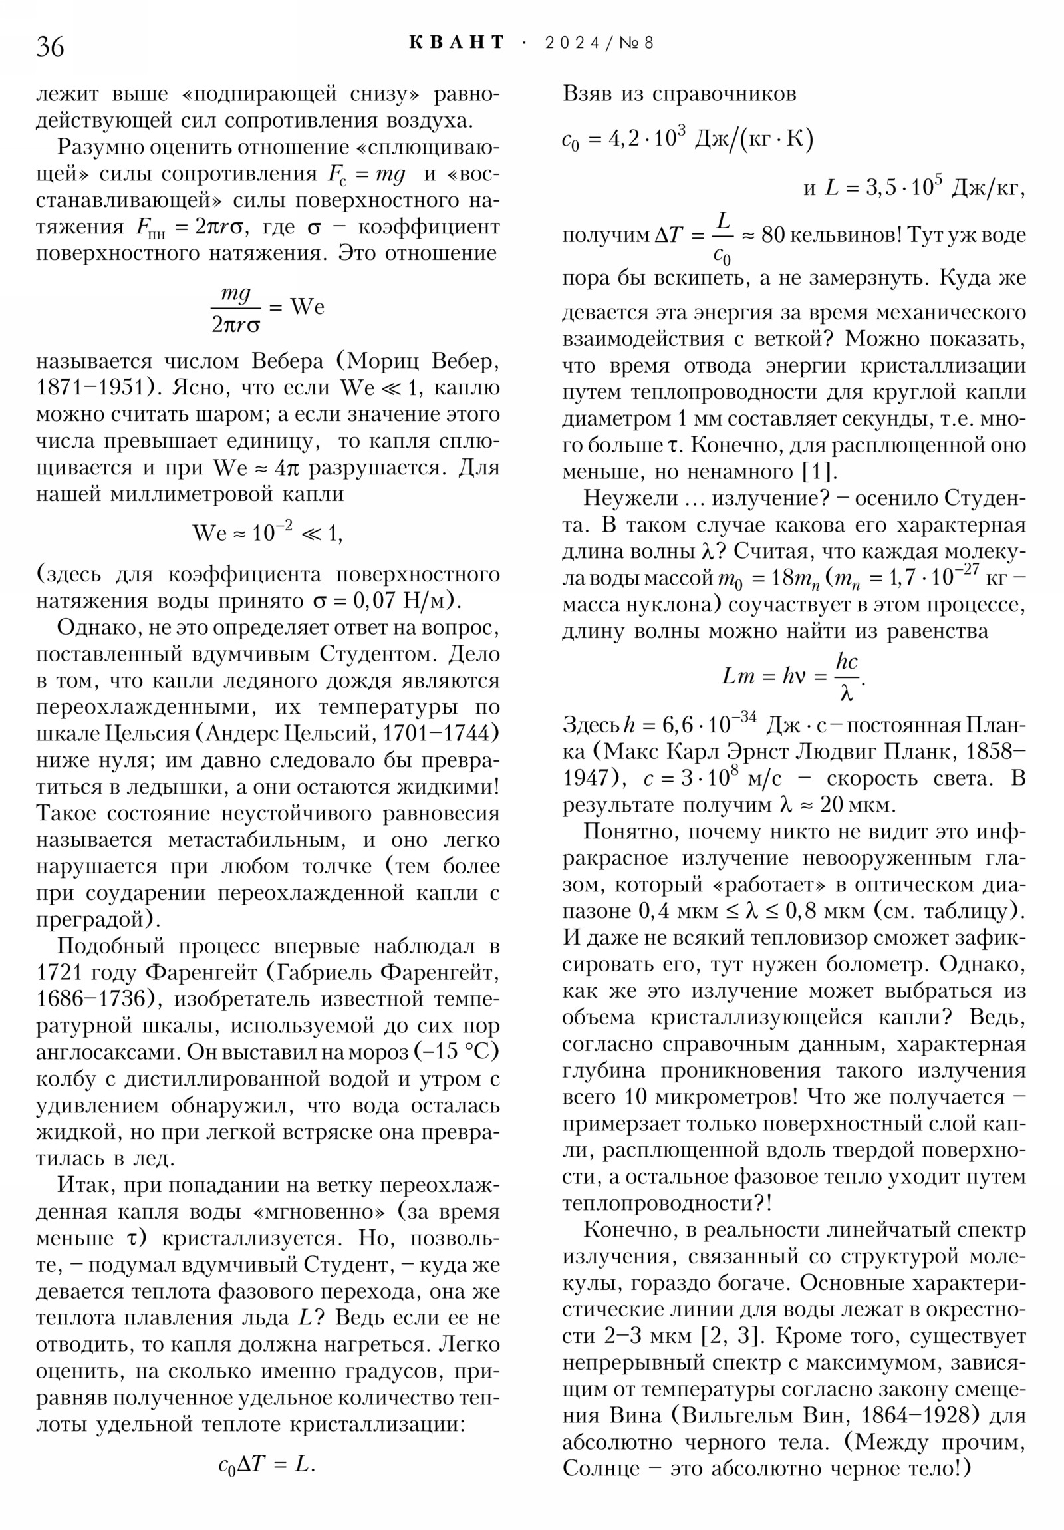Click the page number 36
pyautogui.click(x=50, y=47)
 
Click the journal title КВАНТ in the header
pyautogui.click(x=457, y=43)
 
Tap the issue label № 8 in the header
pyautogui.click(x=636, y=43)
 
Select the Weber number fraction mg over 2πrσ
pyautogui.click(x=235, y=309)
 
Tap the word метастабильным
pyautogui.click(x=257, y=840)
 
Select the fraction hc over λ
pyautogui.click(x=846, y=677)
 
